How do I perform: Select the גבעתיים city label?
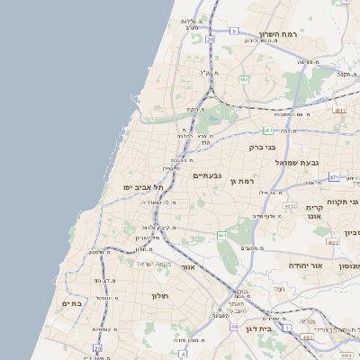click(x=207, y=175)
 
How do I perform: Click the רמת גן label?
click(x=244, y=182)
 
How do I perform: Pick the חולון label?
click(x=160, y=294)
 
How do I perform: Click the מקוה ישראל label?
click(x=152, y=263)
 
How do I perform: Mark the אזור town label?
click(x=188, y=267)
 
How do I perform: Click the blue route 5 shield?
click(x=233, y=31)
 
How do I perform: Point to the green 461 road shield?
click(x=221, y=235)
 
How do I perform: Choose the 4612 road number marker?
click(x=290, y=206)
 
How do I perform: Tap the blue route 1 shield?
click(x=287, y=328)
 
